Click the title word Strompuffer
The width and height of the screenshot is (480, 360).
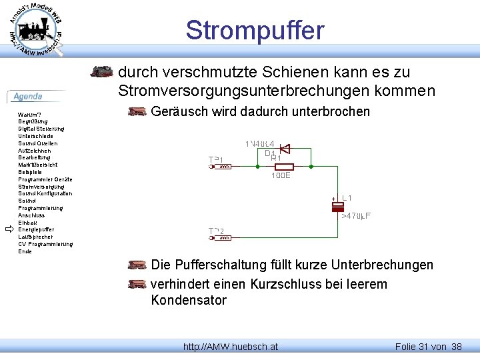[255, 31]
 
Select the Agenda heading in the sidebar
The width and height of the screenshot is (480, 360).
[29, 97]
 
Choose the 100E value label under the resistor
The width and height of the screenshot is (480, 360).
[280, 176]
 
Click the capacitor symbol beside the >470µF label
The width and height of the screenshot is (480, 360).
[338, 207]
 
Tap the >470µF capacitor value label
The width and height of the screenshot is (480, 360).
[356, 216]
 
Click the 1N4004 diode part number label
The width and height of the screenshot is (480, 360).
[260, 144]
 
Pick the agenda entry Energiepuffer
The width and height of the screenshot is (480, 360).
[36, 229]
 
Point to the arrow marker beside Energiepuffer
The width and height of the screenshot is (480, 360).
[9, 229]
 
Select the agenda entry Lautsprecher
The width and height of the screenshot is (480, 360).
[36, 237]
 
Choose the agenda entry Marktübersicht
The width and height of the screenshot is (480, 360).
[38, 165]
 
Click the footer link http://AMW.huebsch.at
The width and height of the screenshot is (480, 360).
[231, 347]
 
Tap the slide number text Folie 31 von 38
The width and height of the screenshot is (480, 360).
[429, 347]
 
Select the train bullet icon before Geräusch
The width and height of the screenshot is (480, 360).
[137, 112]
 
